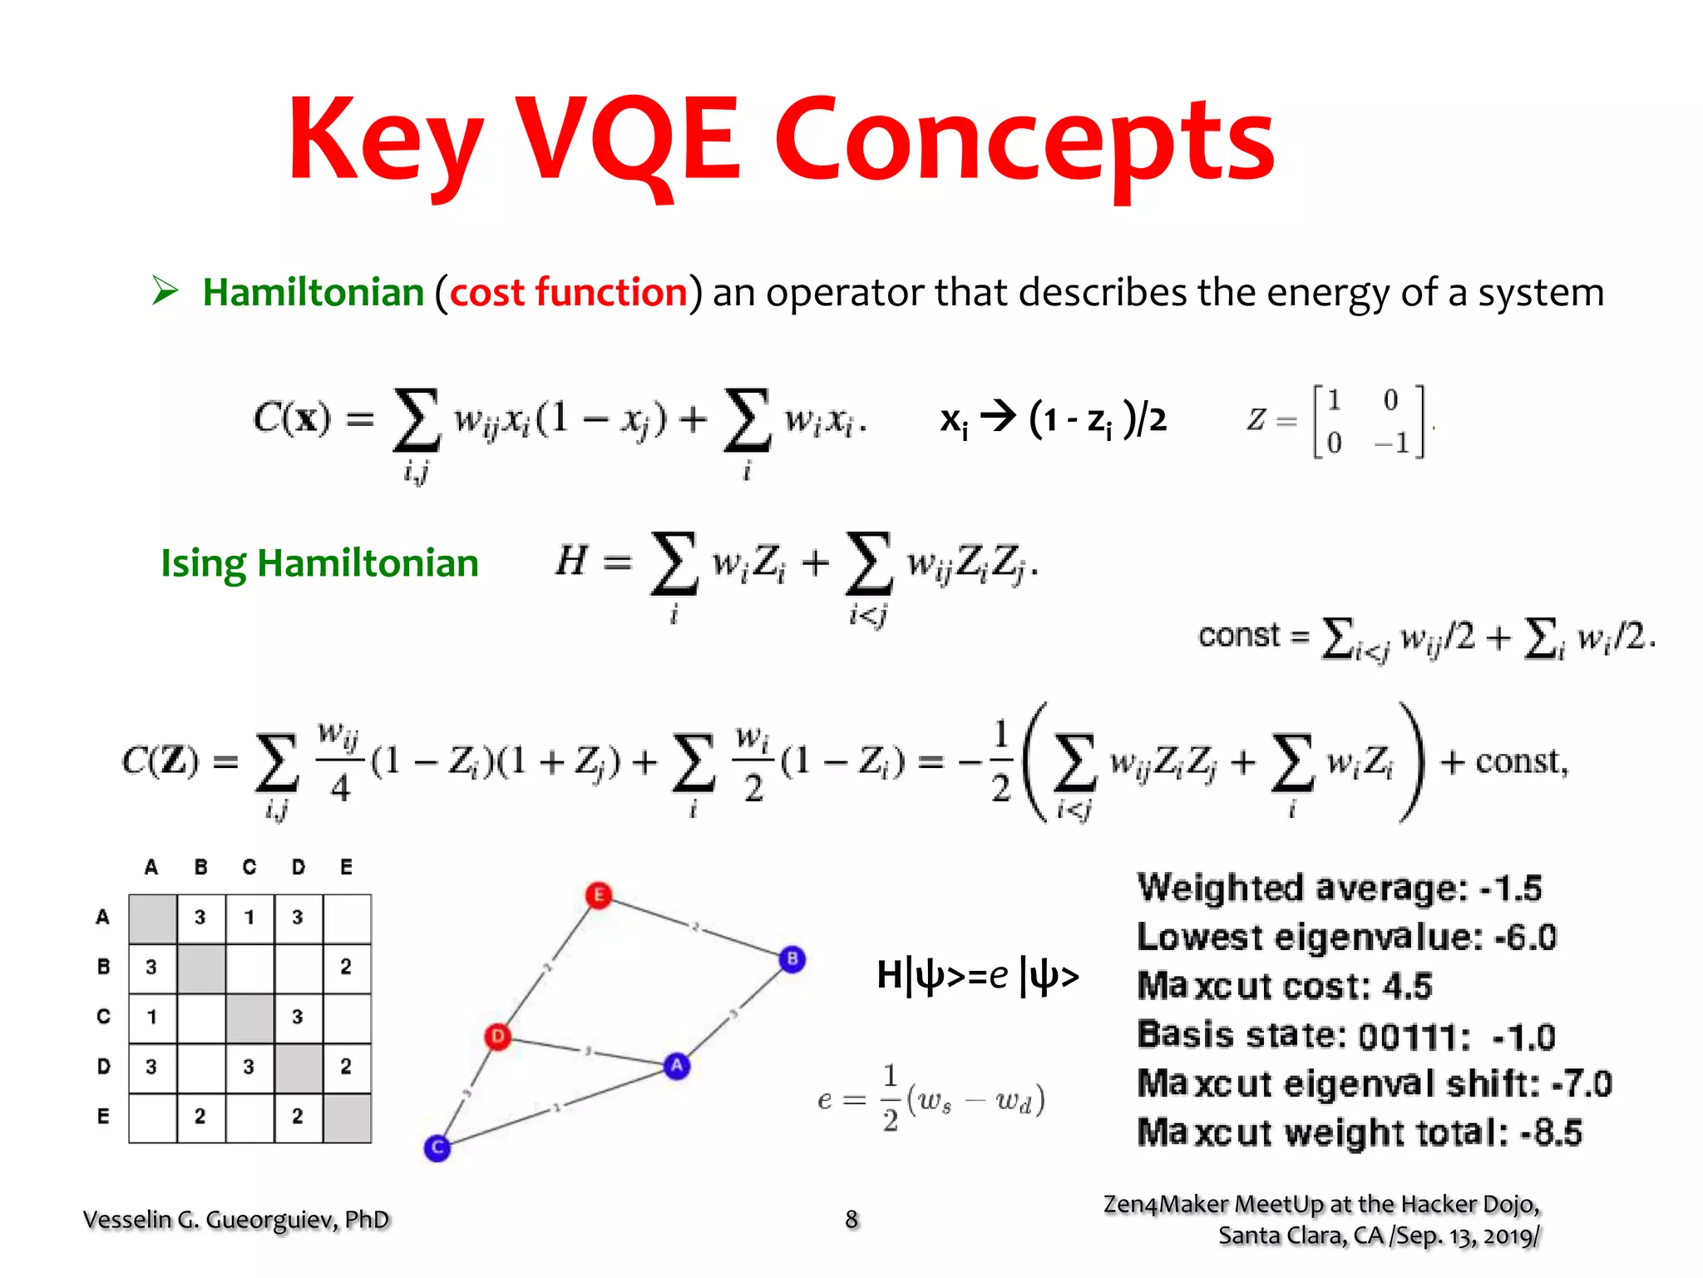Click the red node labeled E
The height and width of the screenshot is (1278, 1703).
(598, 895)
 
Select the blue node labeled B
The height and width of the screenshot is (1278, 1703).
(792, 958)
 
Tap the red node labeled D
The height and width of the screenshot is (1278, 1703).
(497, 1037)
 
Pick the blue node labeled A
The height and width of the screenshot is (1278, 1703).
(677, 1065)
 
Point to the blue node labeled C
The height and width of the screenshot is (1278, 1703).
(437, 1148)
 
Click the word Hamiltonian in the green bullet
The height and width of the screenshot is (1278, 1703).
(313, 293)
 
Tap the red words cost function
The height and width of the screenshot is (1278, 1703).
(569, 293)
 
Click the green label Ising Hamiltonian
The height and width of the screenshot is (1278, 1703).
(319, 563)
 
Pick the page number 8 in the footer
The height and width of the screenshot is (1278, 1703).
(851, 1219)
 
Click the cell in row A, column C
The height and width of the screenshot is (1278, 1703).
(249, 918)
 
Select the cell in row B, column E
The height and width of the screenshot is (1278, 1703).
(346, 967)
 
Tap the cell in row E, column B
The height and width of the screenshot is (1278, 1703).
(200, 1117)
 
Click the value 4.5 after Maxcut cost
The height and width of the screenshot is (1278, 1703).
(1407, 987)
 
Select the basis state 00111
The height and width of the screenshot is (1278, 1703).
(1407, 1037)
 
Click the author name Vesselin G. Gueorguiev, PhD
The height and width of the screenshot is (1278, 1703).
(236, 1220)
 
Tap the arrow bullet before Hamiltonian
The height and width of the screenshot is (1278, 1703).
(165, 291)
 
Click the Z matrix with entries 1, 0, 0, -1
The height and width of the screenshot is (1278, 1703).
(1368, 421)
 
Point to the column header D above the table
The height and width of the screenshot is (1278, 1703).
(298, 867)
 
